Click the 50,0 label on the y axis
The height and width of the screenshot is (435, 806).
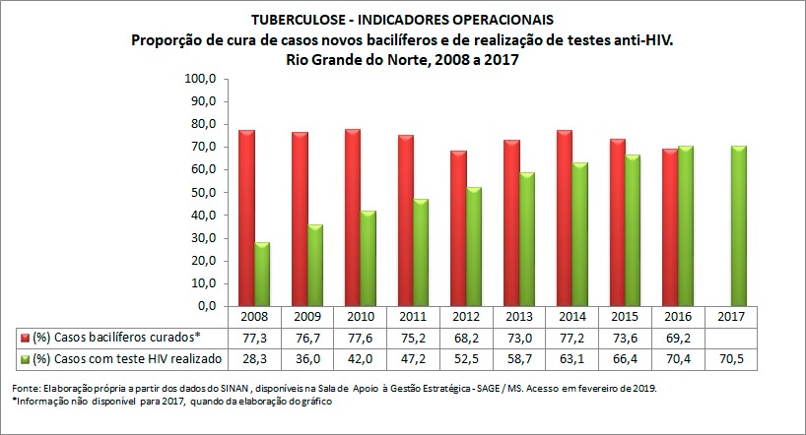[x=203, y=193]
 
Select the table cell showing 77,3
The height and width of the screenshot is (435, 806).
[x=254, y=337]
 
